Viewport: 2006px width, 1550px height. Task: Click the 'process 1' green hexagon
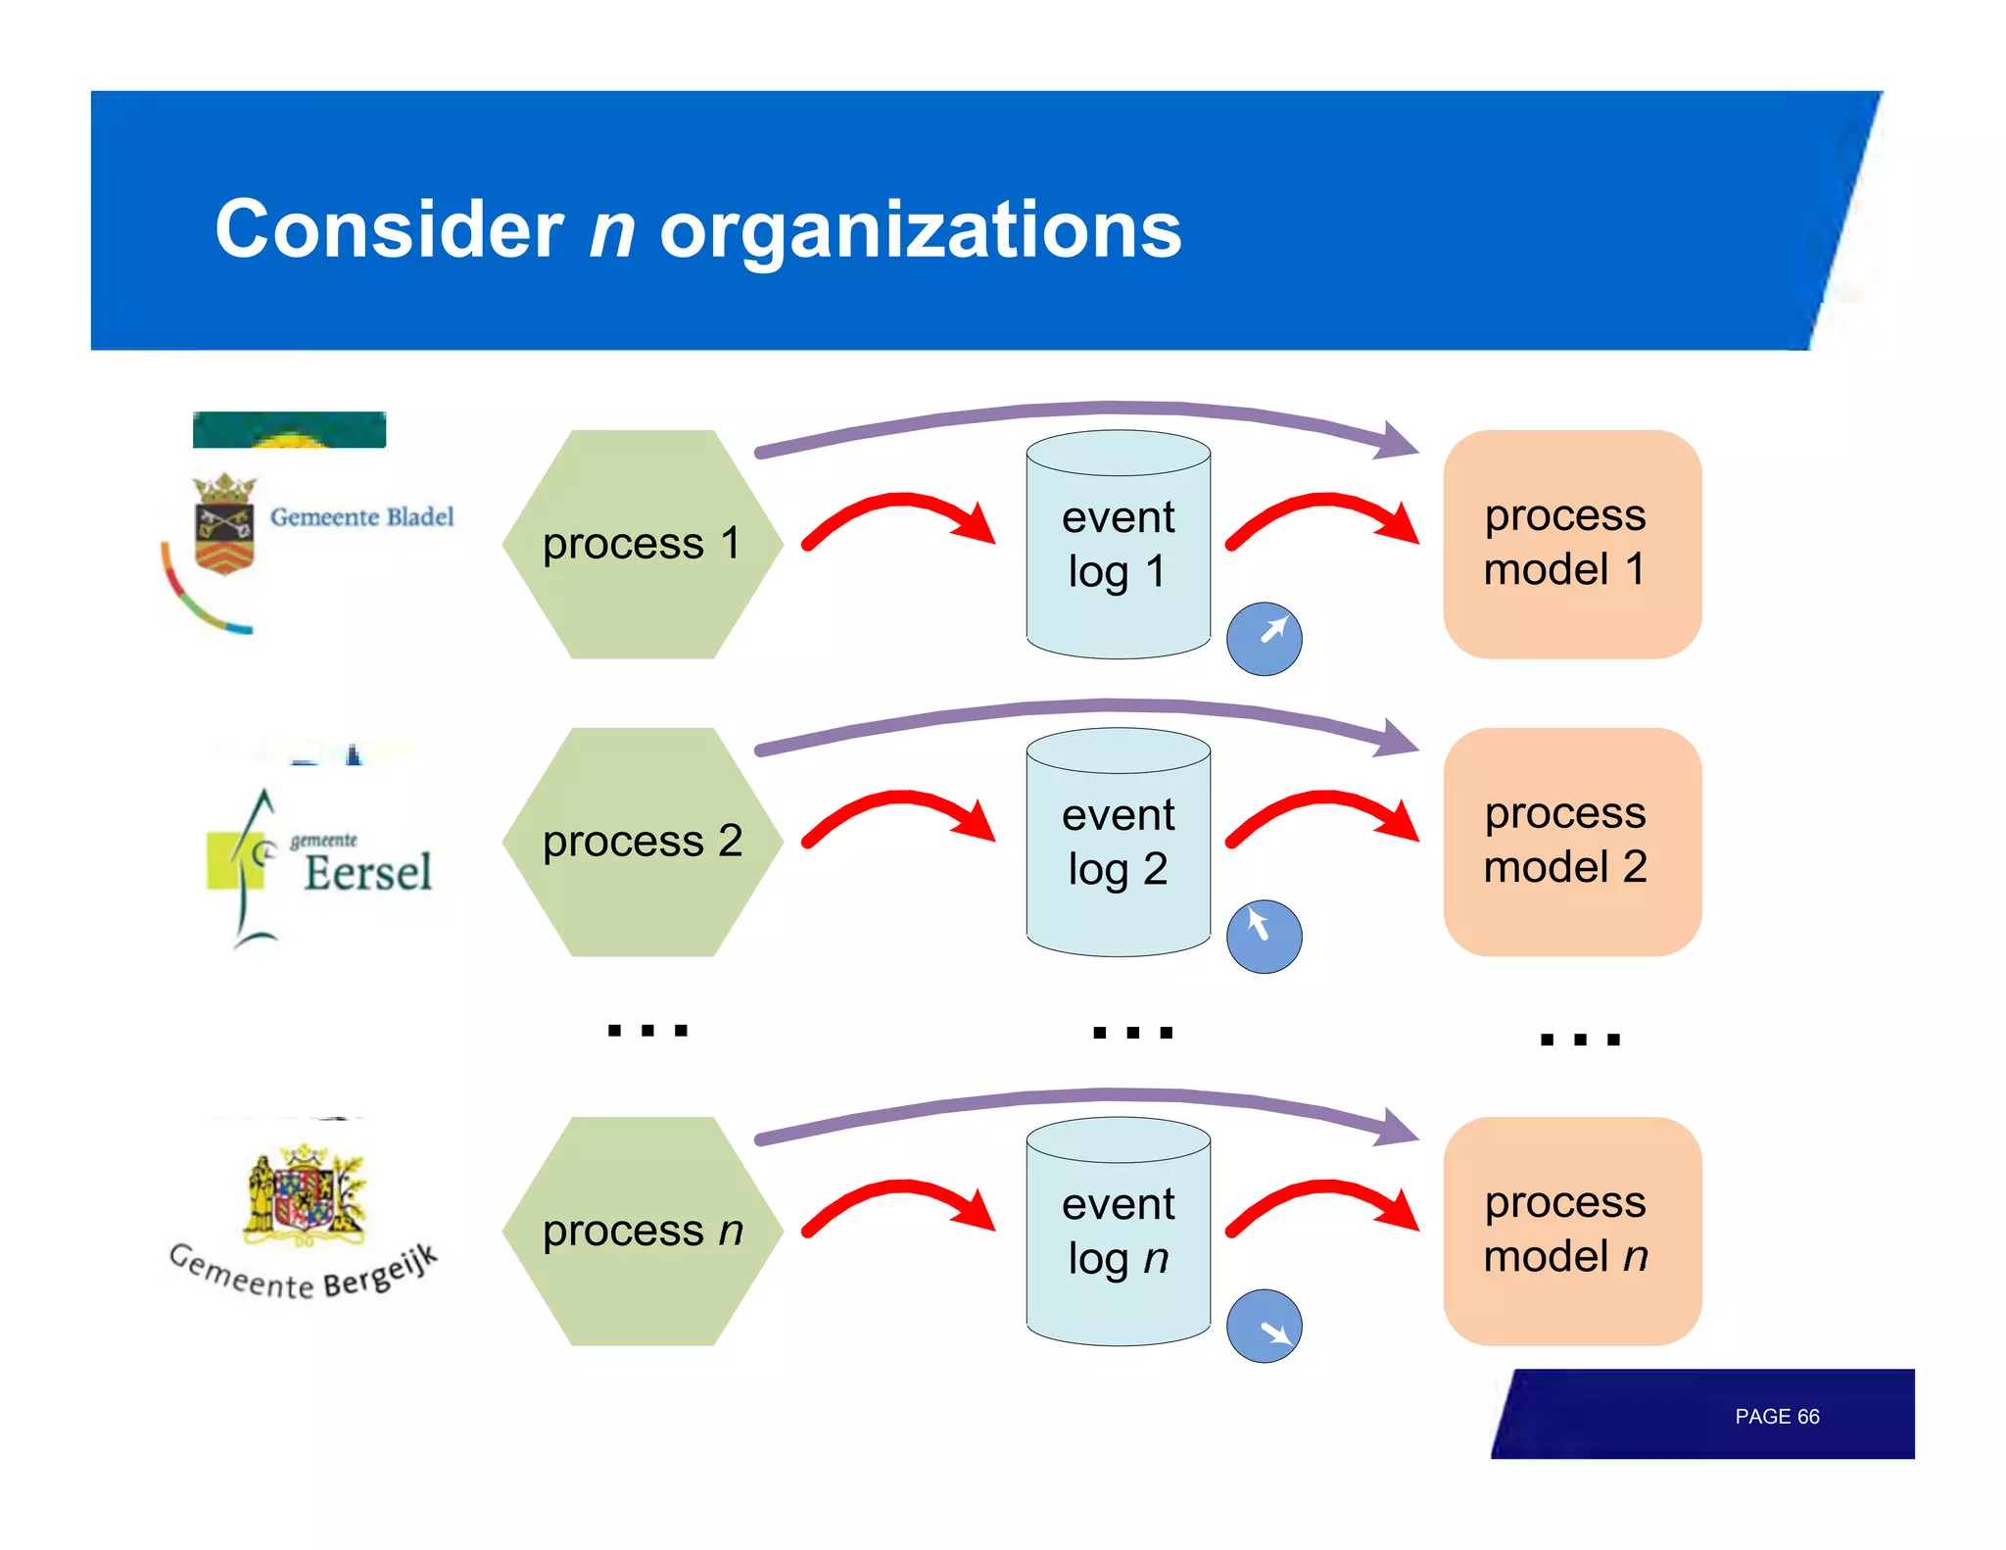[643, 545]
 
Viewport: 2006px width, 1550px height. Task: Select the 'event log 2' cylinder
[1118, 843]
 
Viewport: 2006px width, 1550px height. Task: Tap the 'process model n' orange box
[1571, 1231]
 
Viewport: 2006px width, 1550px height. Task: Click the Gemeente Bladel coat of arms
[224, 523]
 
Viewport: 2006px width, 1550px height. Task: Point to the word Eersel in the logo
[367, 872]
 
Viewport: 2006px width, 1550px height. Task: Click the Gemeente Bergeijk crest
[305, 1195]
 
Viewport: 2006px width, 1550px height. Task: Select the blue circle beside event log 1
[1264, 639]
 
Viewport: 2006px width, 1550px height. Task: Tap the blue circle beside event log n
[1264, 1326]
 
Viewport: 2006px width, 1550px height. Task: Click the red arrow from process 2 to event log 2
[899, 813]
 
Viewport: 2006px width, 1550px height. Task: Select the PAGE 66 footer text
[1776, 1417]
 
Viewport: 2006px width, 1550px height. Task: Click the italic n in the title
[612, 230]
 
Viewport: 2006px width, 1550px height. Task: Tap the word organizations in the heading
[920, 230]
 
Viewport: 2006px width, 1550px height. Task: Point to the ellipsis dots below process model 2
[1579, 1040]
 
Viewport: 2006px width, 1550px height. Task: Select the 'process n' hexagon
[643, 1232]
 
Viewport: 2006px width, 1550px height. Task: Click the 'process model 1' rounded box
[1571, 544]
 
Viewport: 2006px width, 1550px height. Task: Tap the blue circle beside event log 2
[1264, 937]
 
